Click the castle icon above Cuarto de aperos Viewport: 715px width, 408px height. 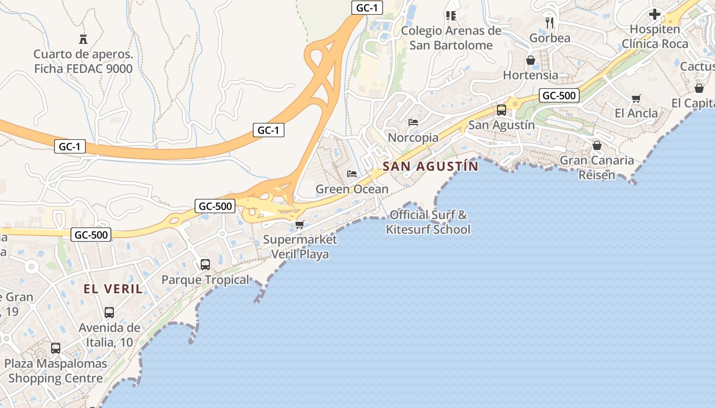(83, 39)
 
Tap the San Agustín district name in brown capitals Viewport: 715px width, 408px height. (431, 166)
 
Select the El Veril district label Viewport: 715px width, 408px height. (113, 289)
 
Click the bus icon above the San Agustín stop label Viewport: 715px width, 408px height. (502, 110)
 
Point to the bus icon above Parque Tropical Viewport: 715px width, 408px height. (205, 264)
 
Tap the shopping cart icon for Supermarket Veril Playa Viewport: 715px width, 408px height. (300, 224)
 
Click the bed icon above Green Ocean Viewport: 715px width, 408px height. (352, 174)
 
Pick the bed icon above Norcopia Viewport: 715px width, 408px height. (413, 122)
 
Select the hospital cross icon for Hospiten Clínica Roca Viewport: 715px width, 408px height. (654, 14)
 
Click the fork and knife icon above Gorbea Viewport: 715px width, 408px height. (550, 23)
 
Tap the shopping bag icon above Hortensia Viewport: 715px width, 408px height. (531, 60)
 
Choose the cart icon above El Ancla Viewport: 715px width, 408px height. (636, 98)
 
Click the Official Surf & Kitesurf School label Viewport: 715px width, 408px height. (428, 222)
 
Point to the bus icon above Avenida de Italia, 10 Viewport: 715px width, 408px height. (109, 312)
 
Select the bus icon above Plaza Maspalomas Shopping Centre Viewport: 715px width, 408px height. (56, 348)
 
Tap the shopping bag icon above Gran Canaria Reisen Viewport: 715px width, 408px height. (597, 145)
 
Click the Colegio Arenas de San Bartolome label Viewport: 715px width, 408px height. (451, 38)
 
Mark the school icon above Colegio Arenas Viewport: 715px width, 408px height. (450, 16)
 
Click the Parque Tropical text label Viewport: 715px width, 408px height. (205, 280)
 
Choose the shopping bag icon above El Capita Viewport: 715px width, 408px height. (699, 88)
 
